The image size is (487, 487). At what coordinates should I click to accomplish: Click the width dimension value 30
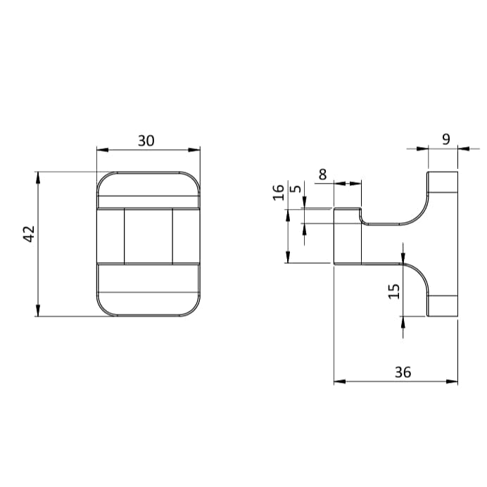tap(146, 140)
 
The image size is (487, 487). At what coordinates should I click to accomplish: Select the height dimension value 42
tap(29, 234)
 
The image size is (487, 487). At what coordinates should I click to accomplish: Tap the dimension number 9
tap(445, 139)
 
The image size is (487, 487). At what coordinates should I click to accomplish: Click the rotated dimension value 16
tap(279, 192)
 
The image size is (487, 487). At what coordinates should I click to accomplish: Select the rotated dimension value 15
tap(394, 290)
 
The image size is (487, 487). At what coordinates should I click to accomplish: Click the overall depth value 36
tap(403, 372)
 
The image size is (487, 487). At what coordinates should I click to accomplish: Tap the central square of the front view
tap(148, 236)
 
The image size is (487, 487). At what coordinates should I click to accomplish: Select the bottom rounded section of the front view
tap(148, 290)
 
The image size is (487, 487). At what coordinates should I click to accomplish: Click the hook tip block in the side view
tap(347, 236)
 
